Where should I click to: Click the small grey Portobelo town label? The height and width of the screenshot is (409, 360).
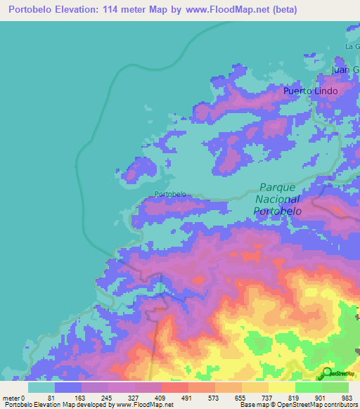(170, 194)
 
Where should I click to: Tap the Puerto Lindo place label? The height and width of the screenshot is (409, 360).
(311, 91)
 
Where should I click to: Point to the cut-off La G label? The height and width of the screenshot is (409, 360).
(352, 46)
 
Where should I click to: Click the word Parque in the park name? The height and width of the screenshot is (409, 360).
(280, 188)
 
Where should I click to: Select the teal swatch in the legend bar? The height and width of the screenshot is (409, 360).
(41, 387)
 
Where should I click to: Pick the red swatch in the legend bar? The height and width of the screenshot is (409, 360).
(174, 387)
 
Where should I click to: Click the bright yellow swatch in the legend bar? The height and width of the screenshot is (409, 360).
(281, 387)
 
